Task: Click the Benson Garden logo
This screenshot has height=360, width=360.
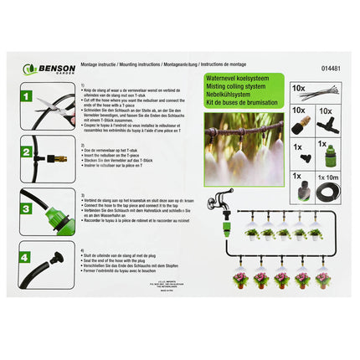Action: (x=49, y=69)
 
